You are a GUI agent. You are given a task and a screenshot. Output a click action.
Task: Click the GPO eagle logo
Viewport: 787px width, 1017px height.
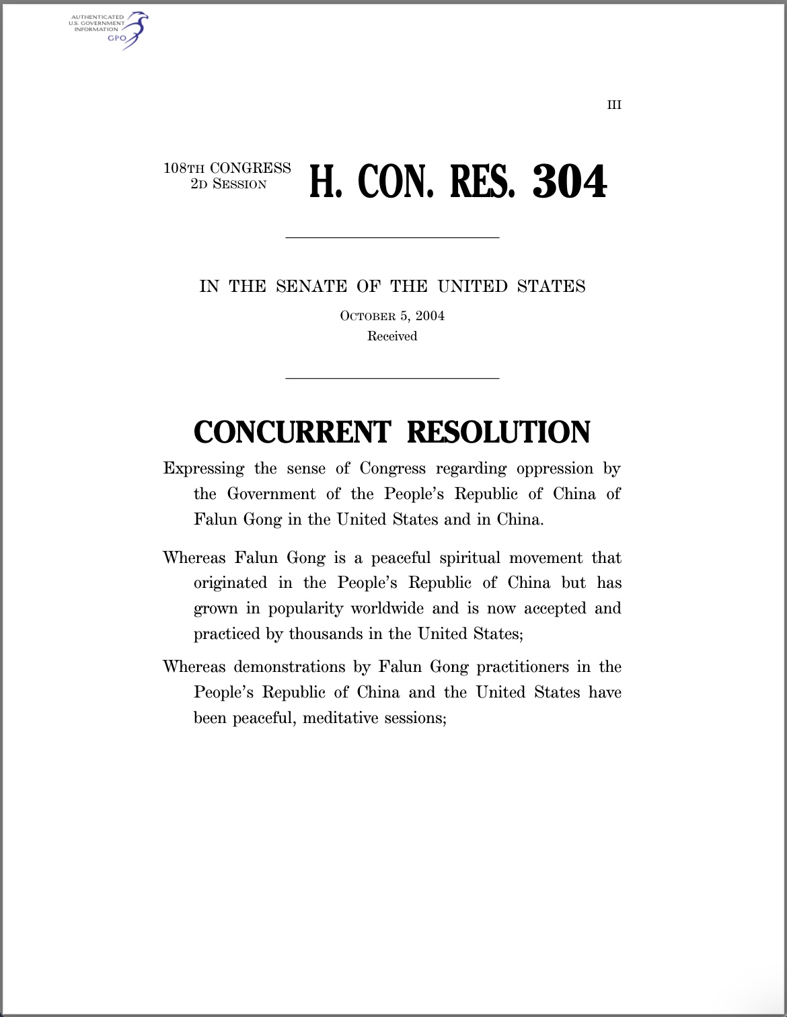click(135, 30)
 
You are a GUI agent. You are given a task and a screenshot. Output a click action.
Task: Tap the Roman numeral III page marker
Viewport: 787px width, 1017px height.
click(614, 105)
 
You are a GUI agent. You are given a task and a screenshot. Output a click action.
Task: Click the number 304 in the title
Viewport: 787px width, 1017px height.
click(569, 182)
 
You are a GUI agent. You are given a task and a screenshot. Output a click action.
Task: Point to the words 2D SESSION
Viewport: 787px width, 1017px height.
click(229, 184)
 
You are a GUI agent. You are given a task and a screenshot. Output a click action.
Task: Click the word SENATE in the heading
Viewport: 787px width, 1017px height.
click(311, 287)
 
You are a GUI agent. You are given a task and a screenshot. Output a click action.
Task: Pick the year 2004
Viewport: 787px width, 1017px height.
click(430, 316)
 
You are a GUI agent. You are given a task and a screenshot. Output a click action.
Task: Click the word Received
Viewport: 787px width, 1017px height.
click(392, 336)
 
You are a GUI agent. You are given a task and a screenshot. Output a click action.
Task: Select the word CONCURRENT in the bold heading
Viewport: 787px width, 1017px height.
click(292, 432)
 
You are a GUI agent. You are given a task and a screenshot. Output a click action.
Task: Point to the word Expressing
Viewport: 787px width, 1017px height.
click(203, 469)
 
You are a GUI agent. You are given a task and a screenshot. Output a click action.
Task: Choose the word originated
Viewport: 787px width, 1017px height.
click(230, 583)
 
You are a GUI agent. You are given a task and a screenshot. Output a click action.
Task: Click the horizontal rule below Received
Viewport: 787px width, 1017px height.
click(392, 379)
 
